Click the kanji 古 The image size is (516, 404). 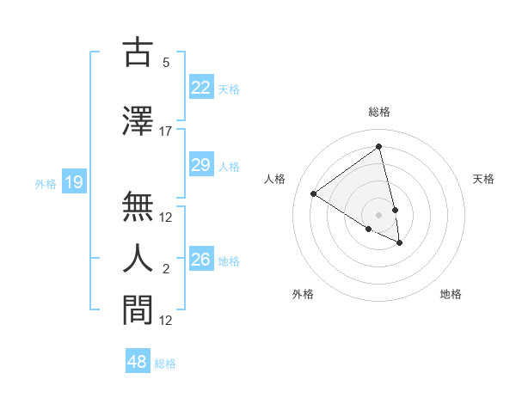pos(138,52)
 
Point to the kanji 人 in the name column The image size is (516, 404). pos(138,258)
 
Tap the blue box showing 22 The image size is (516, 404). pos(201,88)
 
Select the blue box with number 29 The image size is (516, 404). pos(201,165)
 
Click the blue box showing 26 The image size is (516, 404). pos(201,260)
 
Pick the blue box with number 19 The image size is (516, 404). pos(73,182)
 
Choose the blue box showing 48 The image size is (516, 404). pos(138,362)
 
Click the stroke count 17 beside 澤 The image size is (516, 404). pos(166,132)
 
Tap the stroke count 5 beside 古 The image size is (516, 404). pos(166,63)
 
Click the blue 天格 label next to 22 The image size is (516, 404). pos(229,89)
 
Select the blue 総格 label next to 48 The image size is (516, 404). pos(165,364)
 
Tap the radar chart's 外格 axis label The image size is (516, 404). pos(303,294)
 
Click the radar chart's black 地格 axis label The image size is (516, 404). pos(451,294)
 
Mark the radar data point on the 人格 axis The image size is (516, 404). pos(314,193)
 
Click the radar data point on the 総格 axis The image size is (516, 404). pos(378,147)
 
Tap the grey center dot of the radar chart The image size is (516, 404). pos(378,214)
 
